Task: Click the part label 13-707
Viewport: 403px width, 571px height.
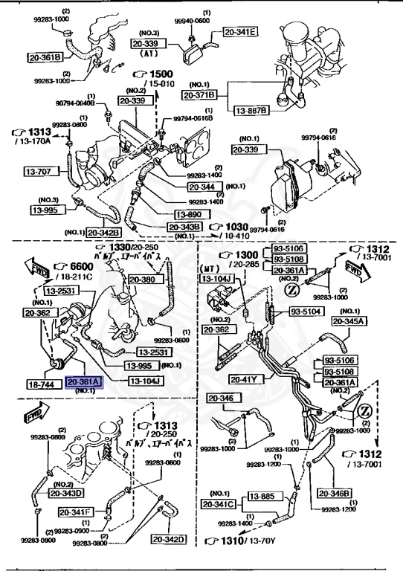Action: coord(45,172)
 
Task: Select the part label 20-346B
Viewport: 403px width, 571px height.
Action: coord(336,492)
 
